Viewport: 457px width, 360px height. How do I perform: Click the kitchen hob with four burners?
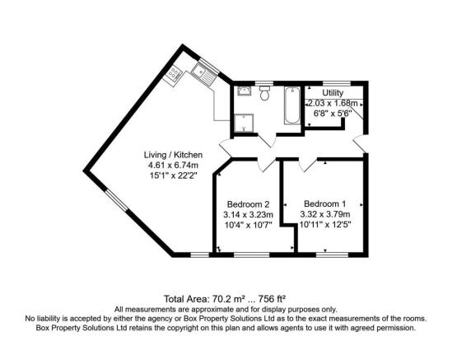pyautogui.click(x=174, y=74)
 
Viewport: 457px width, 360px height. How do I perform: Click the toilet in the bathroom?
pyautogui.click(x=265, y=94)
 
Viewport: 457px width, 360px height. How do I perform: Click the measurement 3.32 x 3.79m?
pyautogui.click(x=325, y=214)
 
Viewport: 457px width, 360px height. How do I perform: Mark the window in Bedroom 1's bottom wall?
pyautogui.click(x=329, y=255)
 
